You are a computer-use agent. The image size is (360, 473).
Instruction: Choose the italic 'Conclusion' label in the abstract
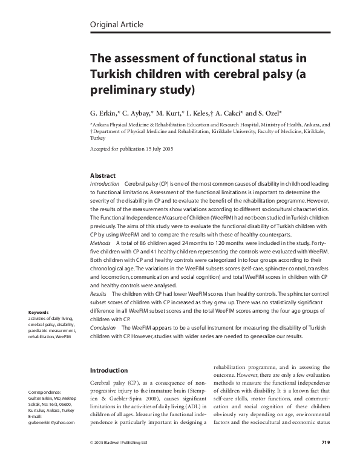coord(102,325)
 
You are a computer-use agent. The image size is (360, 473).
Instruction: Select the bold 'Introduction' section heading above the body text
coord(108,370)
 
